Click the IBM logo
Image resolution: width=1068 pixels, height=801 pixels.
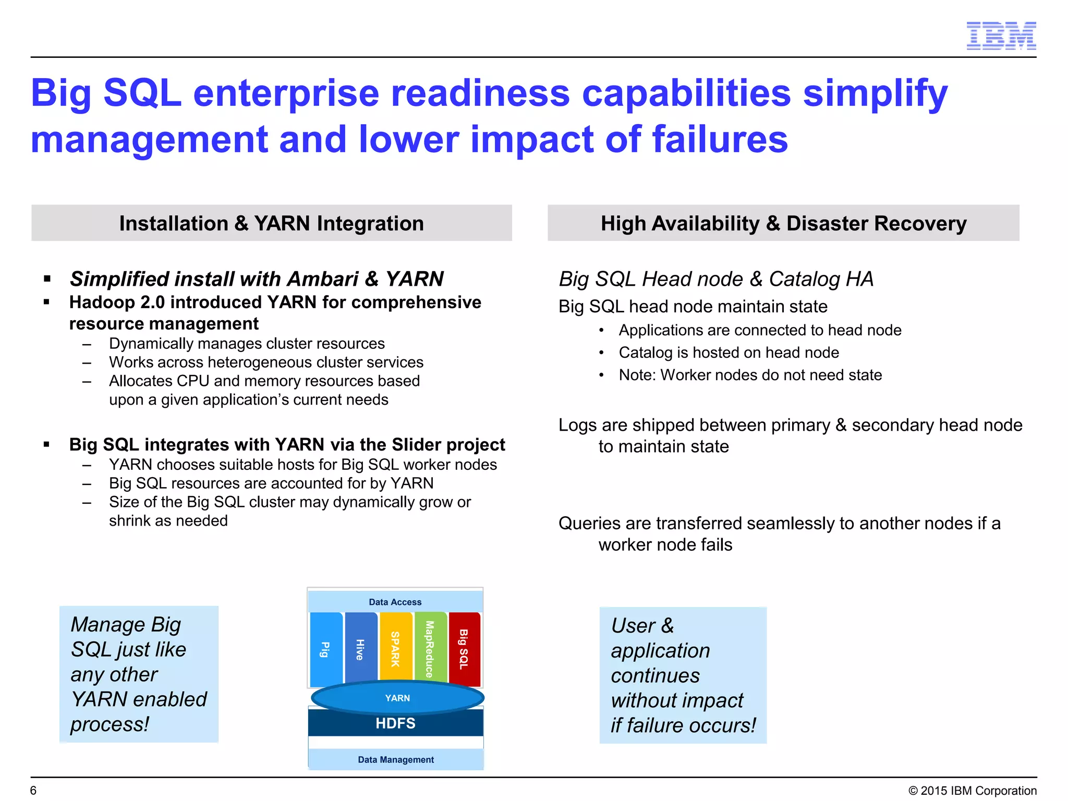click(x=1001, y=36)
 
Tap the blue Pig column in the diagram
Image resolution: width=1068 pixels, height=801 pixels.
click(x=325, y=649)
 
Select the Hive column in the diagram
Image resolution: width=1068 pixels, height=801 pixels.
click(x=360, y=649)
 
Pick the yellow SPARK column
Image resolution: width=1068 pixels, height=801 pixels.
click(x=396, y=649)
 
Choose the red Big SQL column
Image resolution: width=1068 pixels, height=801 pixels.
click(x=464, y=649)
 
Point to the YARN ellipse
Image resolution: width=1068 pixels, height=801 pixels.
click(x=397, y=698)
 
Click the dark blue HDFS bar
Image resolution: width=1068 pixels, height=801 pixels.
click(x=395, y=723)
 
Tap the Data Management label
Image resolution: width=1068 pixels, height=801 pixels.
click(x=395, y=760)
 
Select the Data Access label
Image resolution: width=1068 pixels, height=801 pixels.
click(x=395, y=602)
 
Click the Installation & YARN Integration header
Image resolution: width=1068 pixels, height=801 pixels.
click(x=271, y=223)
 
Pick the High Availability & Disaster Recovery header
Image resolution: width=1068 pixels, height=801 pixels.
click(x=783, y=223)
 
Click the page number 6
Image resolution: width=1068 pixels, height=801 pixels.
click(x=33, y=791)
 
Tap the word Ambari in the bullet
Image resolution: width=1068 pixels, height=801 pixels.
click(x=322, y=279)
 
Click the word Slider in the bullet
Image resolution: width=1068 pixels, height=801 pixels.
click(x=420, y=445)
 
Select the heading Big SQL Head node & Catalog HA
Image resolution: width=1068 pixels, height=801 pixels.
click(x=715, y=279)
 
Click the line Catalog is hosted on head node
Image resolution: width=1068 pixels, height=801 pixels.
click(x=729, y=353)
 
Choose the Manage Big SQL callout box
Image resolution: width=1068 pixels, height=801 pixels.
click(x=139, y=674)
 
